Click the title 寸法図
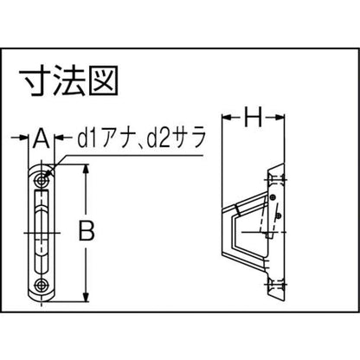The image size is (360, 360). click(x=68, y=80)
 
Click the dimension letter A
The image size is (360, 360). click(x=42, y=138)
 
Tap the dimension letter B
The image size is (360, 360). click(x=87, y=231)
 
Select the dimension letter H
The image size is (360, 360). click(x=254, y=117)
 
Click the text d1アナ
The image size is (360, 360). click(x=106, y=138)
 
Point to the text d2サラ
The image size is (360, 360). click(x=177, y=138)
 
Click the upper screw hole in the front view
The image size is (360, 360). click(x=42, y=181)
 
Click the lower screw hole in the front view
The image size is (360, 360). click(x=42, y=286)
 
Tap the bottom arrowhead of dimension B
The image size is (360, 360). click(x=86, y=297)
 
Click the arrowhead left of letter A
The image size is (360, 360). click(x=23, y=138)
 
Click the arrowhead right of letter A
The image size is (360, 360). click(x=60, y=138)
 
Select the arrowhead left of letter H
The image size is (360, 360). click(x=227, y=117)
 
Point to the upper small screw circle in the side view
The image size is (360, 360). click(x=272, y=197)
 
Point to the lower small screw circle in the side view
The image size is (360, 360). click(x=279, y=215)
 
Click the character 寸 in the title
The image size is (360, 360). click(x=34, y=80)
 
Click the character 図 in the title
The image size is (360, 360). click(x=104, y=80)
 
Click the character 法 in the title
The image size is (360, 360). click(x=68, y=80)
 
